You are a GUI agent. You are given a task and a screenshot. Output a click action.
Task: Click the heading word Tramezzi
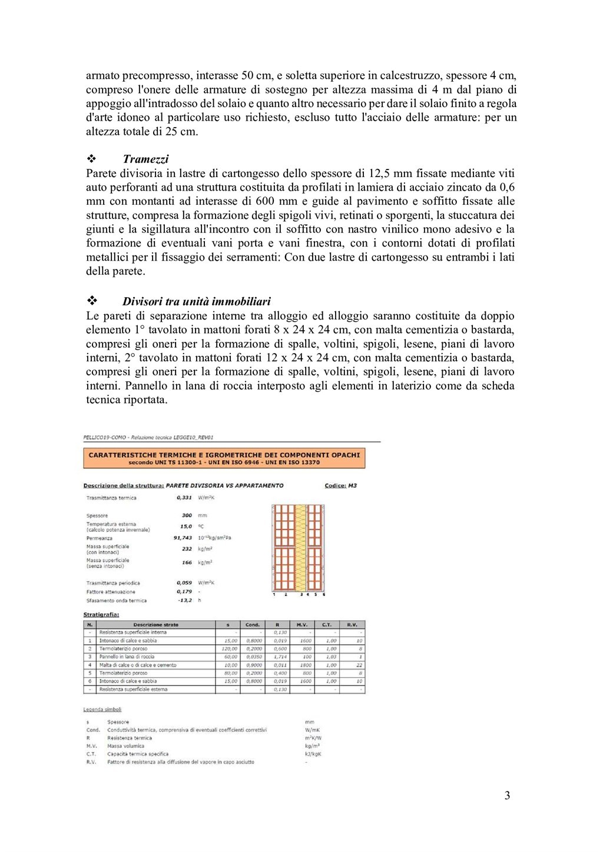click(x=145, y=159)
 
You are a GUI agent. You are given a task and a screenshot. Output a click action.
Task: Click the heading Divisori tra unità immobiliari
click(x=197, y=301)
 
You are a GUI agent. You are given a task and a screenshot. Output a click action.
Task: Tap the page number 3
click(x=507, y=796)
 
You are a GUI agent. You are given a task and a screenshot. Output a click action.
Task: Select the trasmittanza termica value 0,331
click(x=184, y=498)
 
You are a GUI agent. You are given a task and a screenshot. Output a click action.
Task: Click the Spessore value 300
click(x=187, y=515)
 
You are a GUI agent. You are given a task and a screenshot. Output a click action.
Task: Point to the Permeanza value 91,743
click(x=183, y=538)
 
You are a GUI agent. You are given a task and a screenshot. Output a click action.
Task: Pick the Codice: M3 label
click(x=340, y=486)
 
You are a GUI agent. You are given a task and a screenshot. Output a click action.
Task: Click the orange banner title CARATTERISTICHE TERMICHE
click(x=224, y=455)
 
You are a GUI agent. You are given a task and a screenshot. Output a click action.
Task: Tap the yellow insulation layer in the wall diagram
click(x=300, y=547)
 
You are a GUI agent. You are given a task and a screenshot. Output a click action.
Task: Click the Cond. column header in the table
click(x=252, y=625)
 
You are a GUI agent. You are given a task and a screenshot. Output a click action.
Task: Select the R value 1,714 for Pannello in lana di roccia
click(x=280, y=657)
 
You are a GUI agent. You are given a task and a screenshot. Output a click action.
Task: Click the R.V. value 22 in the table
click(x=359, y=665)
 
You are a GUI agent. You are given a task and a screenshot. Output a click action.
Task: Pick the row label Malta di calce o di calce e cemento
click(x=138, y=665)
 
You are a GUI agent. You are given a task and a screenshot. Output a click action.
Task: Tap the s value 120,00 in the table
click(x=229, y=648)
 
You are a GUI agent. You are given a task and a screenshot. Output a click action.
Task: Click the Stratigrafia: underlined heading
click(x=101, y=614)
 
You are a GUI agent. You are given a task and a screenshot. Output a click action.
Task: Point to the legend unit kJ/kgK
click(x=313, y=754)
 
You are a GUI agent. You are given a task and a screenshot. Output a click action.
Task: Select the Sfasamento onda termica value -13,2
click(x=184, y=601)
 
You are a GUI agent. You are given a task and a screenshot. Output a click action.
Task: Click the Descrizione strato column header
click(x=155, y=625)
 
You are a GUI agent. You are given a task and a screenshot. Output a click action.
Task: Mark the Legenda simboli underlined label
click(x=102, y=710)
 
